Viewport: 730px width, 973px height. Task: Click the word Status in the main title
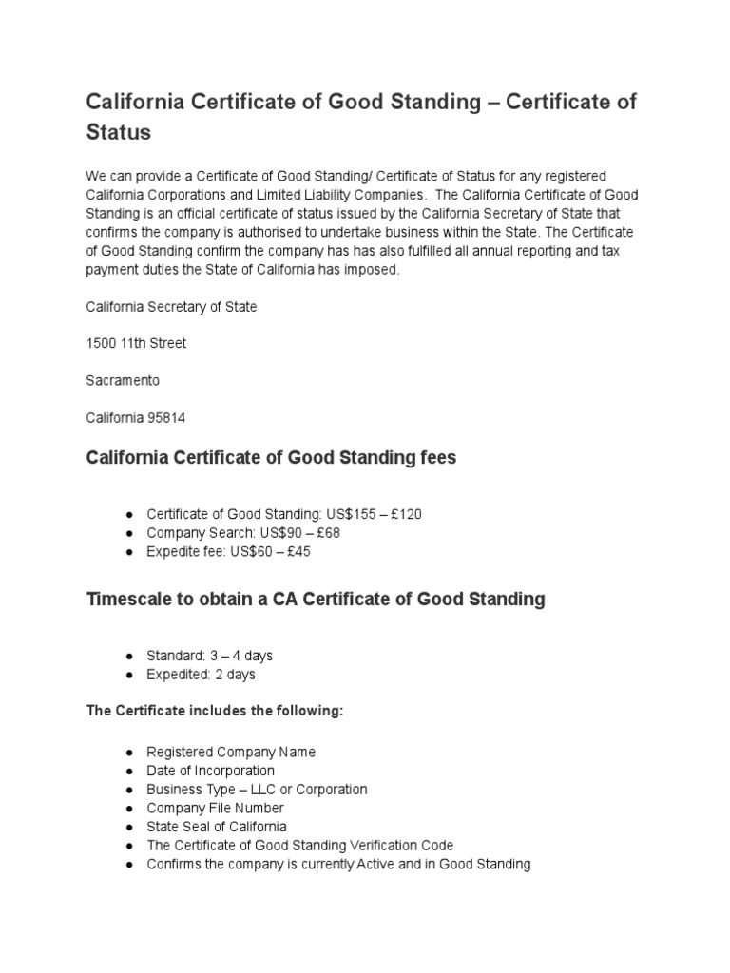tap(119, 132)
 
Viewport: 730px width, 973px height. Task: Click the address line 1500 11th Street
tap(136, 343)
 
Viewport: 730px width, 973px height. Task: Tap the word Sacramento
tap(123, 380)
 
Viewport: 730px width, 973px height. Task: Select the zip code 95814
tap(182, 417)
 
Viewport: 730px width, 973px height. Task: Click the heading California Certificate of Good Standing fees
tap(271, 458)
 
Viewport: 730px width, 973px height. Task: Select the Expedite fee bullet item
tap(241, 552)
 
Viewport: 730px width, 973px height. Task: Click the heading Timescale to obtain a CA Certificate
tap(316, 600)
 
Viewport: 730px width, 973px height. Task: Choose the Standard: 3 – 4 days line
tap(209, 656)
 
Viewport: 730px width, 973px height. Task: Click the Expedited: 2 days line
tap(201, 675)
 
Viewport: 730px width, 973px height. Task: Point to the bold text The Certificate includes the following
tap(214, 713)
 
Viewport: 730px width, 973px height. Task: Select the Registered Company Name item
tap(231, 752)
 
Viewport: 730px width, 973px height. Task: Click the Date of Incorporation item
tap(210, 771)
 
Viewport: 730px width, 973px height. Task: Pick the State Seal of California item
tap(216, 827)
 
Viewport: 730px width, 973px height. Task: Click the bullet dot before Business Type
tap(128, 790)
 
